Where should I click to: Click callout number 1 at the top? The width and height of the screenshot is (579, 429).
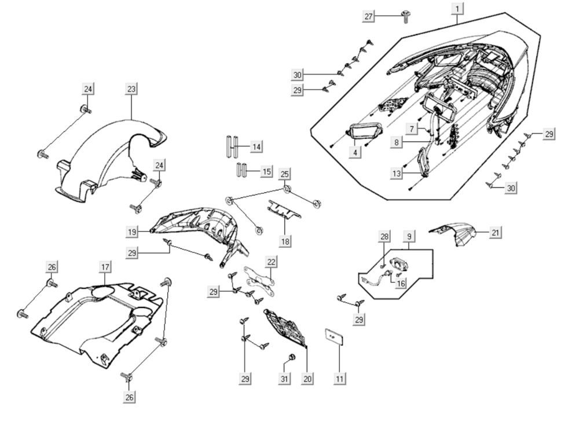click(457, 9)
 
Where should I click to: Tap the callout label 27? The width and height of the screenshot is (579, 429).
click(369, 16)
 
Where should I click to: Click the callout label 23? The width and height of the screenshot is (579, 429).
click(131, 89)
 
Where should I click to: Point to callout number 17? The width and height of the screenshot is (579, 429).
click(105, 267)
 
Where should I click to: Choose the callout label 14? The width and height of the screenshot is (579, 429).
click(256, 146)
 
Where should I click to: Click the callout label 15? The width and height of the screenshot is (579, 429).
click(266, 172)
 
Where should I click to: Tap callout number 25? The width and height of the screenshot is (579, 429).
click(284, 174)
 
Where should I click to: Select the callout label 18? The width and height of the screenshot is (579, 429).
click(285, 240)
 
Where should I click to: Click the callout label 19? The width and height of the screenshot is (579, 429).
click(133, 232)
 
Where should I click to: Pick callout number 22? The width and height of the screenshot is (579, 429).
click(272, 262)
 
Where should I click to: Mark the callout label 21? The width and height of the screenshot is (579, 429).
click(495, 232)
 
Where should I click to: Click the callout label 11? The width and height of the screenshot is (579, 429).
click(340, 379)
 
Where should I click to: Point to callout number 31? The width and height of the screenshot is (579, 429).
click(284, 379)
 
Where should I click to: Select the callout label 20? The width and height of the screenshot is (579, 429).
click(307, 379)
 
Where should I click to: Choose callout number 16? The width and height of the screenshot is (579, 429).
click(401, 284)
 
